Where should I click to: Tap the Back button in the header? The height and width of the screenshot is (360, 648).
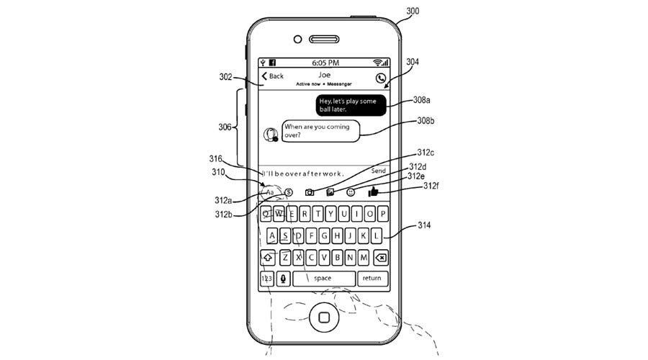[272, 76]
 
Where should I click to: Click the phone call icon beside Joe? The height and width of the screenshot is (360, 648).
[381, 78]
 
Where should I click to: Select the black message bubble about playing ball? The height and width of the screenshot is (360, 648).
[351, 105]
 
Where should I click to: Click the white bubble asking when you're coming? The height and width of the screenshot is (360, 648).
[320, 131]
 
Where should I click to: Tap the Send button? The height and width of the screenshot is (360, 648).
[378, 171]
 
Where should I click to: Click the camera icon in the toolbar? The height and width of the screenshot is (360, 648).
[309, 192]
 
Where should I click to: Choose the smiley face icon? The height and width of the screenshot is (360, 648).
[351, 192]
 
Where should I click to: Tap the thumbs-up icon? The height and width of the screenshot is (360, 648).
[373, 192]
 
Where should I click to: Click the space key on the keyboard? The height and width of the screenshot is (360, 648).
[323, 279]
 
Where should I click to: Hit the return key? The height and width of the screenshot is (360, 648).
[372, 279]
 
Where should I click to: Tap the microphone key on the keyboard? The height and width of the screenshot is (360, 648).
[283, 279]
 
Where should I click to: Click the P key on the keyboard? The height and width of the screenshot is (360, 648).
[383, 214]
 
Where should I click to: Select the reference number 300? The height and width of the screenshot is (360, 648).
[413, 11]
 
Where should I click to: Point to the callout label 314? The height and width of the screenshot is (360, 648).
[424, 225]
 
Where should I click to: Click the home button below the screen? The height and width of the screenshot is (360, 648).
[325, 317]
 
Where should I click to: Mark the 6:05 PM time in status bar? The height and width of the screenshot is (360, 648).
[325, 63]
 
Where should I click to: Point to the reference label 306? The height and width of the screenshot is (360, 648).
[225, 127]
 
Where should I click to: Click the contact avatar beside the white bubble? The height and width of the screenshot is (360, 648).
[271, 135]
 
